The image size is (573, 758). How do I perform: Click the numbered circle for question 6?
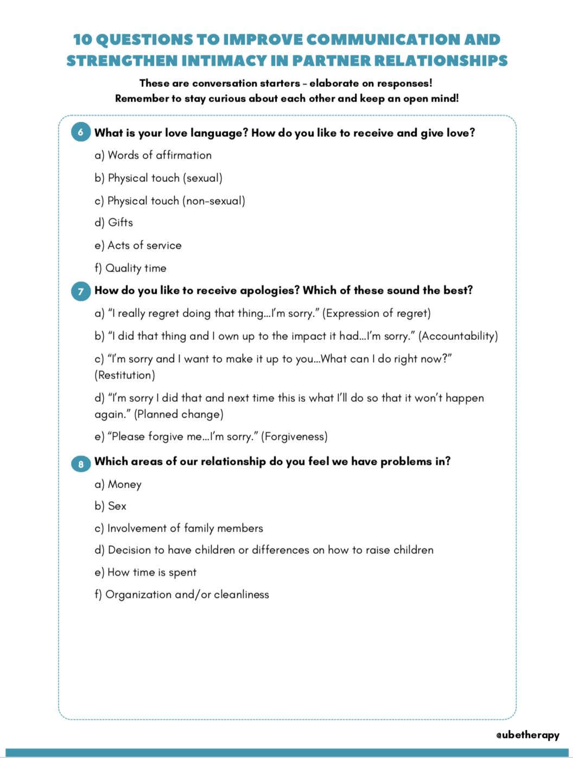tap(81, 132)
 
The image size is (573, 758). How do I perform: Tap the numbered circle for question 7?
tap(81, 291)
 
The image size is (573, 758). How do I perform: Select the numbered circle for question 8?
tap(81, 464)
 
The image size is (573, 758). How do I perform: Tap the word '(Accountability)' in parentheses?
tap(458, 336)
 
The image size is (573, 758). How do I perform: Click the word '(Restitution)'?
tap(125, 375)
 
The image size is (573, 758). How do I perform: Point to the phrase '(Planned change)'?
tap(179, 414)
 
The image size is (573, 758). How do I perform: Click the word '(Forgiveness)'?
tap(294, 437)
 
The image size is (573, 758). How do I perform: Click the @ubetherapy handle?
tap(527, 735)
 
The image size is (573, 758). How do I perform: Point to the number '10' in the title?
tap(82, 40)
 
